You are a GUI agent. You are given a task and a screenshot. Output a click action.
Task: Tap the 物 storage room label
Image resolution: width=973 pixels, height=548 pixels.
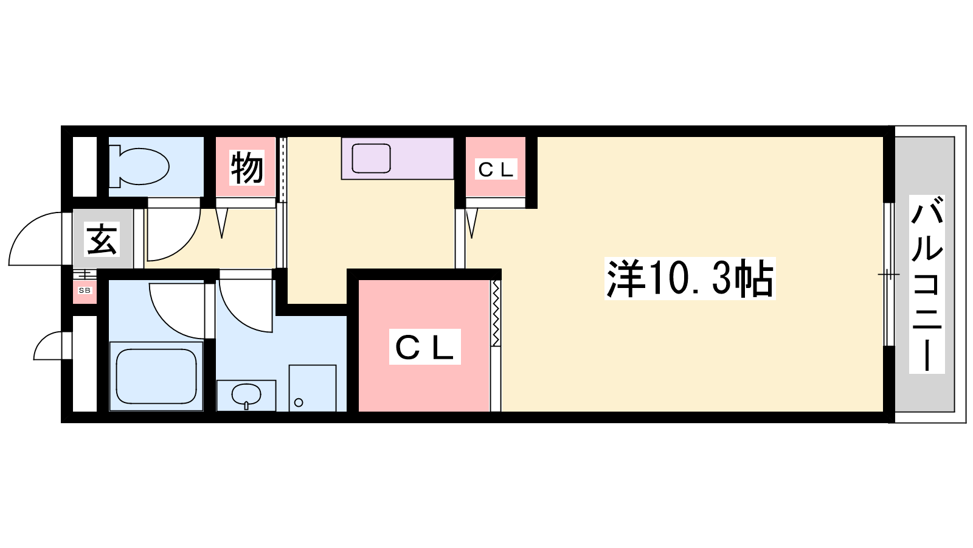pyautogui.click(x=247, y=167)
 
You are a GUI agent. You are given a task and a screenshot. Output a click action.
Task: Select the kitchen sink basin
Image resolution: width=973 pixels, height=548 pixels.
pyautogui.click(x=371, y=158)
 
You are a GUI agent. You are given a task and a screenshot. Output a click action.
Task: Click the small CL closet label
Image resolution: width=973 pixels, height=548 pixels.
pyautogui.click(x=496, y=169)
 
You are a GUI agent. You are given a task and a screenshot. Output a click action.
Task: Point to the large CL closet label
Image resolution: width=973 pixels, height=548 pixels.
pyautogui.click(x=425, y=346)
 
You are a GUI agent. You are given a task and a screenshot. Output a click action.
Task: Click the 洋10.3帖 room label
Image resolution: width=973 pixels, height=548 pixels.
pyautogui.click(x=690, y=278)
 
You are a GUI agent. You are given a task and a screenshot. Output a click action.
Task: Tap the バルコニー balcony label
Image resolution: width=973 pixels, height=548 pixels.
pyautogui.click(x=927, y=284)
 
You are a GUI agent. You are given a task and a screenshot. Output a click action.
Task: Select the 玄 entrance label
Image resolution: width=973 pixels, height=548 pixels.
pyautogui.click(x=102, y=239)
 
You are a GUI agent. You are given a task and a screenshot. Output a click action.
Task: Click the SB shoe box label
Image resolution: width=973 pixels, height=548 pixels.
pyautogui.click(x=85, y=290)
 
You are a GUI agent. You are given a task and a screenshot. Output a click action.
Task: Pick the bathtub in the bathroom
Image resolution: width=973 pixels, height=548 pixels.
pyautogui.click(x=156, y=376)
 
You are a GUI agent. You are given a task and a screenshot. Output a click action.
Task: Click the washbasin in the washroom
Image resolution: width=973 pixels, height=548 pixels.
pyautogui.click(x=246, y=395)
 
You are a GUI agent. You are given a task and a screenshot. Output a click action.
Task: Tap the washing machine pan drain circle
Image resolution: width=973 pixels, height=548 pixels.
pyautogui.click(x=299, y=402)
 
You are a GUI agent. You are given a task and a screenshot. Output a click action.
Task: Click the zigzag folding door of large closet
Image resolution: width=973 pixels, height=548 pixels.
pyautogui.click(x=496, y=313)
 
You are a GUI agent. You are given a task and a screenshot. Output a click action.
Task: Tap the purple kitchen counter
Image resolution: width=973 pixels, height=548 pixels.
pyautogui.click(x=398, y=158)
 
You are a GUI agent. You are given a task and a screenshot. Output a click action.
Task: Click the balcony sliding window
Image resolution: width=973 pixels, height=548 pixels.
pyautogui.click(x=889, y=275)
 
